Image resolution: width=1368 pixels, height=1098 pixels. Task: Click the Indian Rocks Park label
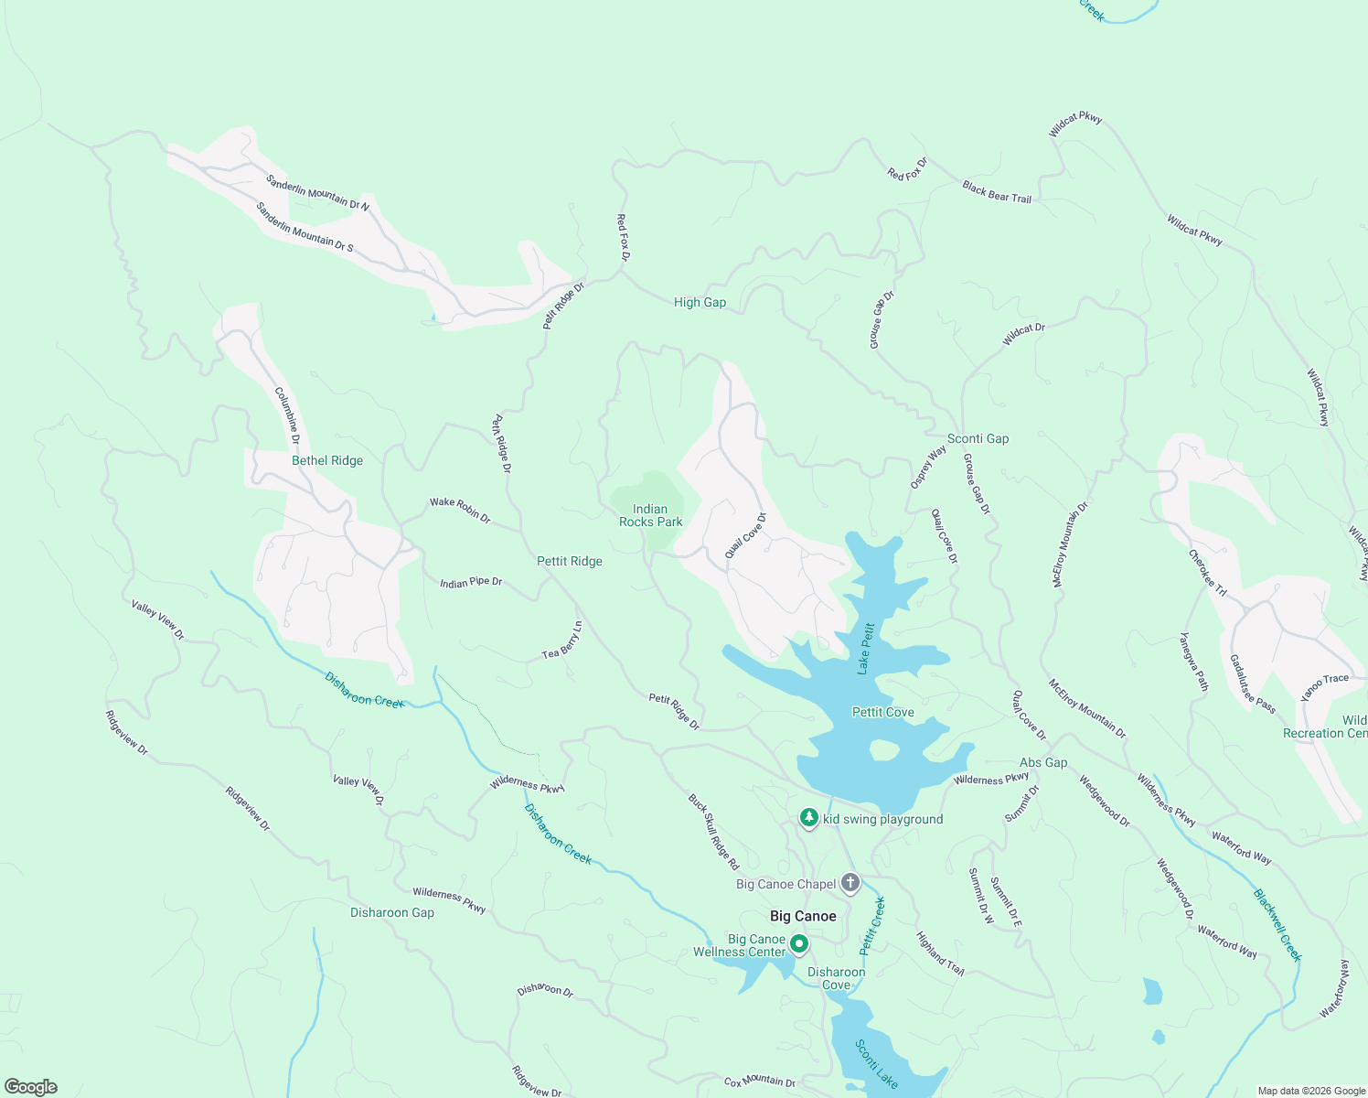650,515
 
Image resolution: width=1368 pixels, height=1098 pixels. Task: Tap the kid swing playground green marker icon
808,817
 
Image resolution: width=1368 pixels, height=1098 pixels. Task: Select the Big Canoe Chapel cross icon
850,883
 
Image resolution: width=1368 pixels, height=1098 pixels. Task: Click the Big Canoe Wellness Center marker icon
798,943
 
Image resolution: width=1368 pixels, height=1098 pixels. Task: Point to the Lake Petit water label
866,649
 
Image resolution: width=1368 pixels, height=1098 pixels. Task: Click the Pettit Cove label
882,712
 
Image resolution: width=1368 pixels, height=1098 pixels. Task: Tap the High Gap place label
700,302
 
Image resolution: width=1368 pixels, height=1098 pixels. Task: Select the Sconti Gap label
978,438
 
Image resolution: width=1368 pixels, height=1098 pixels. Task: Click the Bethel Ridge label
327,460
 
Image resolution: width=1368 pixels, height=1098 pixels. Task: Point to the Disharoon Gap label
392,912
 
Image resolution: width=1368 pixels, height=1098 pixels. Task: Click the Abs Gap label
1042,762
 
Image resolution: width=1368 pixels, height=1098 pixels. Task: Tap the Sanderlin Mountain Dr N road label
317,193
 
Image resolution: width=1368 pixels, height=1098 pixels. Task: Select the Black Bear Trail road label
996,191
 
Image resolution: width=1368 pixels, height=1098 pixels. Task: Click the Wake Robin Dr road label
460,510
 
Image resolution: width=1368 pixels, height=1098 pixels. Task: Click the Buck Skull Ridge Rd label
713,832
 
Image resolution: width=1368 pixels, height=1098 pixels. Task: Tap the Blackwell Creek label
1277,925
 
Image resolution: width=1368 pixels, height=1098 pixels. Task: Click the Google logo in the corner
31,1086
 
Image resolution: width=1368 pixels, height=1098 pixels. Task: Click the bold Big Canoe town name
803,916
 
